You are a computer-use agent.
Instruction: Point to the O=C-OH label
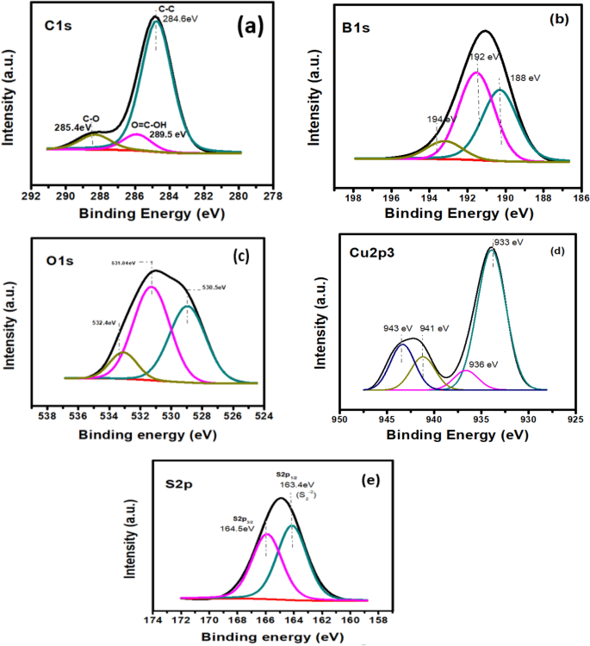click(x=146, y=123)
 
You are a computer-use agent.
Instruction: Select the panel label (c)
click(x=241, y=254)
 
